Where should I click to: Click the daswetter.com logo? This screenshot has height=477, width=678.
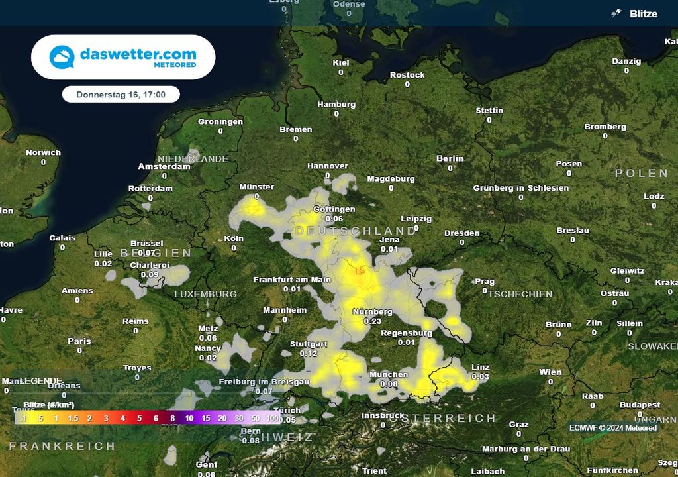123,57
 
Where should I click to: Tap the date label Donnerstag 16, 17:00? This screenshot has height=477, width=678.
121,95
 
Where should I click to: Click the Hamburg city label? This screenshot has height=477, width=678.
336,105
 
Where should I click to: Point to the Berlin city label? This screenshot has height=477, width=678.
450,159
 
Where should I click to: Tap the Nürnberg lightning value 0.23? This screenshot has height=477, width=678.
373,321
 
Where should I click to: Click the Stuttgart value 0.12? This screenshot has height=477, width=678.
309,354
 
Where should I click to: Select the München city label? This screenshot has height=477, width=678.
389,375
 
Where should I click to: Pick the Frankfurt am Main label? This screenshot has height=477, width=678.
292,280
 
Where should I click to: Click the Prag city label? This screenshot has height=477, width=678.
485,282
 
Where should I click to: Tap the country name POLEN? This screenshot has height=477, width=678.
642,173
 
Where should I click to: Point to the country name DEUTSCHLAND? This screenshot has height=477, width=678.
356,231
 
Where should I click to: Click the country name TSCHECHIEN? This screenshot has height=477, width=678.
520,294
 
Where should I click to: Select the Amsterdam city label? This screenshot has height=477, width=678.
164,167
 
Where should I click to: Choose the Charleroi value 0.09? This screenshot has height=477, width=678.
150,274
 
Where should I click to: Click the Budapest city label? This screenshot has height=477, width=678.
640,405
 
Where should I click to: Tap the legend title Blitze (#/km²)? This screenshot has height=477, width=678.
48,405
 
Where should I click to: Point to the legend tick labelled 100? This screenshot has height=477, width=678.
272,419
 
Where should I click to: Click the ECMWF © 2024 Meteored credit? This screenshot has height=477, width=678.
612,428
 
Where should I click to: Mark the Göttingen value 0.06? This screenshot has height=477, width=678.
334,219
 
